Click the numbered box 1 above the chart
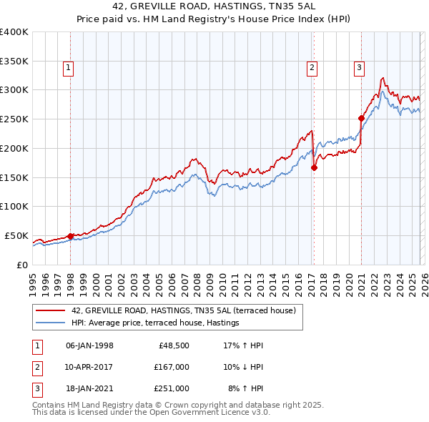(69, 69)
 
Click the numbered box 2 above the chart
(312, 69)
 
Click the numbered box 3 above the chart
(359, 69)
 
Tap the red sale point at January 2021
(361, 118)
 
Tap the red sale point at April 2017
(314, 167)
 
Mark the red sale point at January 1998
(70, 236)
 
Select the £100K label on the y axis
(14, 207)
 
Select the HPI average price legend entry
(154, 323)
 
